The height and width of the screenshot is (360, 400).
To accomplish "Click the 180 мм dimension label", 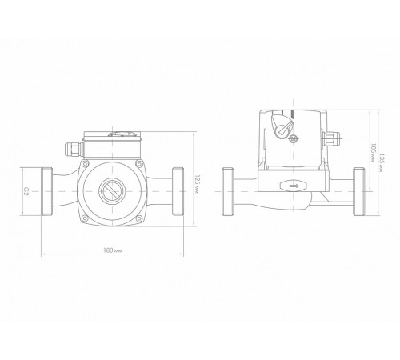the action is pos(113,250).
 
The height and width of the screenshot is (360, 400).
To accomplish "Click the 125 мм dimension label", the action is pos(198,184).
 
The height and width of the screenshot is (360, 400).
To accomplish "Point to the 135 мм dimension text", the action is pos(382,162).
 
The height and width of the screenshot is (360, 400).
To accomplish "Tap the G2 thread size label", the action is pos(26,190).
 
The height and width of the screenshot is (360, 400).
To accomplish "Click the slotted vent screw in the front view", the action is pos(112,191).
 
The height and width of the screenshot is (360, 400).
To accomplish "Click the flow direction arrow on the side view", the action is pos(294,186).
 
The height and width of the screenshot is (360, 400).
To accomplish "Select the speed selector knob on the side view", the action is pos(282,125).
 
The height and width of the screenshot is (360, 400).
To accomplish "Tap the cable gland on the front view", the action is pos(74,150).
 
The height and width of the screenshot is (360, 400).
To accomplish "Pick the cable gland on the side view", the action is pos(330,138).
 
